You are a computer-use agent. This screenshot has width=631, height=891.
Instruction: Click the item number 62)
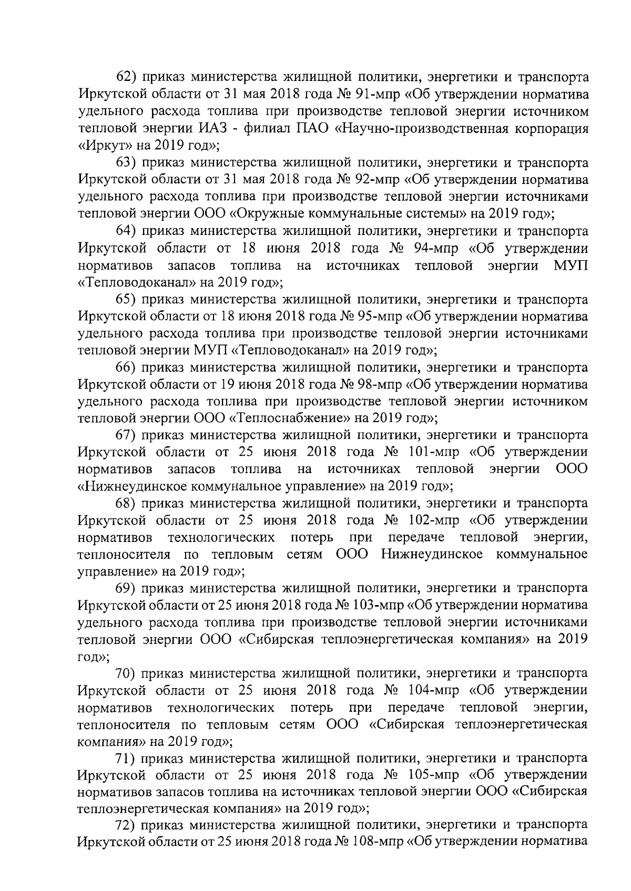click(126, 78)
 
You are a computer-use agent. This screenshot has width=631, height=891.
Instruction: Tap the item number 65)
click(126, 300)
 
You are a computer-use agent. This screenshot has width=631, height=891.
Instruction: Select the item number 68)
click(126, 504)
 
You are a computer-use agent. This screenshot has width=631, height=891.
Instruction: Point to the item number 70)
click(126, 673)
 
